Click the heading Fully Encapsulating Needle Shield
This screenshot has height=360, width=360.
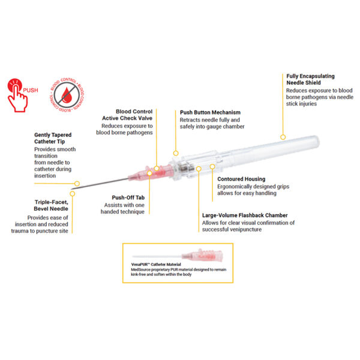coord(310,80)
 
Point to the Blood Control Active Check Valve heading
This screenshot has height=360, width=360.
coord(127,115)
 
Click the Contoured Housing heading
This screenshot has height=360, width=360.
coord(238,179)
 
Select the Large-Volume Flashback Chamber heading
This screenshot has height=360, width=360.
coord(245,215)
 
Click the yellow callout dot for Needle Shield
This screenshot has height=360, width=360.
coord(281,136)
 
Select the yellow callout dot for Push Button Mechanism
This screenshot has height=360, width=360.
coord(176,153)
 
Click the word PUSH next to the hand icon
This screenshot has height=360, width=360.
coord(31,90)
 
